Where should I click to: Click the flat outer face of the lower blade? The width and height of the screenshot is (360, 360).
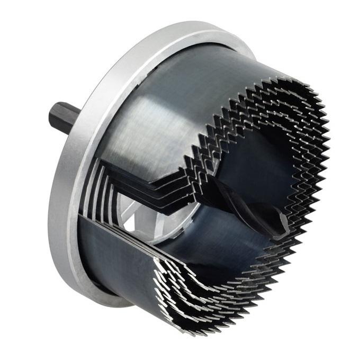111,249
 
